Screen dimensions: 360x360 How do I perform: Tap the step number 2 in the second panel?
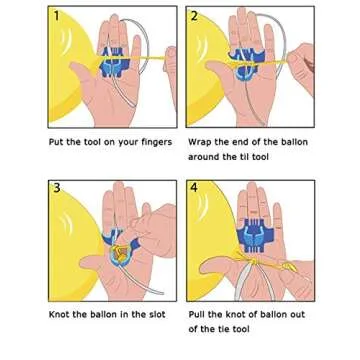196,17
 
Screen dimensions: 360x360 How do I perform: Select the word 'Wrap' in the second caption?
199,143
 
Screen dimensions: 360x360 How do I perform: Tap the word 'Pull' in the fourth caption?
197,314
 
